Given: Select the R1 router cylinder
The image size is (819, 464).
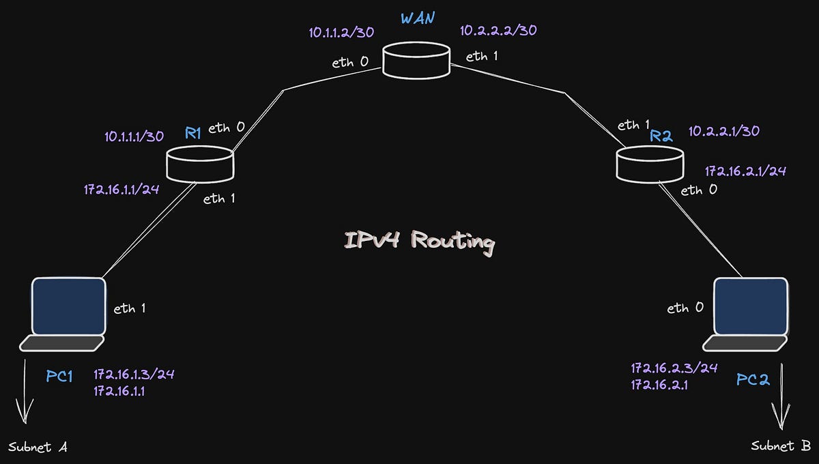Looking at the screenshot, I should (x=200, y=164).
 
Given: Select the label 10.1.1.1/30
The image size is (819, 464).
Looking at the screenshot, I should (x=134, y=136).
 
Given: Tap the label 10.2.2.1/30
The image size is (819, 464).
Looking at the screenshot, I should (x=724, y=130).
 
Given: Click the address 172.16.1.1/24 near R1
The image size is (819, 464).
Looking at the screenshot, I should (x=121, y=189).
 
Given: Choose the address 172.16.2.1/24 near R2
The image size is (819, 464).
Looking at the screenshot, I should (x=745, y=171).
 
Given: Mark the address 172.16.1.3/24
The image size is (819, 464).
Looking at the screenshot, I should (x=139, y=375).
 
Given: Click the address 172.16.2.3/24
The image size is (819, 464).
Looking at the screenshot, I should (x=674, y=368).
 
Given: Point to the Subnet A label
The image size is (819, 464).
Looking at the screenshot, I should (x=38, y=447).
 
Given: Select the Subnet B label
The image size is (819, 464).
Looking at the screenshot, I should (x=781, y=446).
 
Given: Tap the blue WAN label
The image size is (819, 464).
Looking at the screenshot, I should (x=418, y=18).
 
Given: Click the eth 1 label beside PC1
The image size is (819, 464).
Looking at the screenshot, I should (x=130, y=308).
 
